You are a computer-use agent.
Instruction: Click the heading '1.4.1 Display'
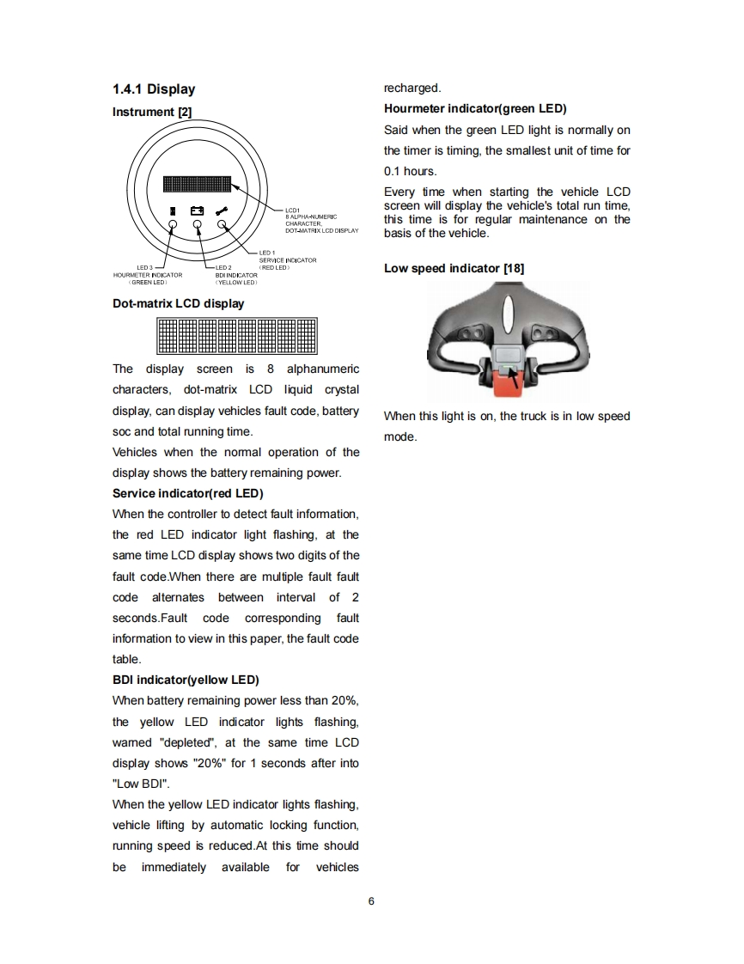pyautogui.click(x=154, y=89)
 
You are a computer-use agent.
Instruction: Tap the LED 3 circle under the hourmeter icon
pyautogui.click(x=173, y=225)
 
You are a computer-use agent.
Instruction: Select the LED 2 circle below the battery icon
pyautogui.click(x=198, y=225)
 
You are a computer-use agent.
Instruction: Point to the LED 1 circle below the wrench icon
pyautogui.click(x=223, y=225)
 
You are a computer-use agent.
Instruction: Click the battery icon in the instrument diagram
pyautogui.click(x=198, y=210)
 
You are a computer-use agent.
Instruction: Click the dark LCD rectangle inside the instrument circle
pyautogui.click(x=197, y=184)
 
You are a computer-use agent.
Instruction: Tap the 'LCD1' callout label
pyautogui.click(x=291, y=210)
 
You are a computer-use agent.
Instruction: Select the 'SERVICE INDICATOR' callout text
pyautogui.click(x=288, y=260)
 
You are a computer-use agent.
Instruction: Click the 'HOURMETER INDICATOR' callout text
pyautogui.click(x=148, y=275)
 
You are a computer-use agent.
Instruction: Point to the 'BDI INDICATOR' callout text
pyautogui.click(x=236, y=275)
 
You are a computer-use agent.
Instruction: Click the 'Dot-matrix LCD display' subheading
pyautogui.click(x=178, y=303)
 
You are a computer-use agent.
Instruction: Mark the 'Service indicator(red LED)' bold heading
pyautogui.click(x=187, y=493)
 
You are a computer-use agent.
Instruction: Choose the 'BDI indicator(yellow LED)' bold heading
pyautogui.click(x=186, y=680)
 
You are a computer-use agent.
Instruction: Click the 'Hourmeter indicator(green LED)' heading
pyautogui.click(x=475, y=108)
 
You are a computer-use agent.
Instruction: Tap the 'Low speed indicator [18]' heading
pyautogui.click(x=454, y=268)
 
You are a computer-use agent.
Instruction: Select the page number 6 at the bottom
pyautogui.click(x=371, y=901)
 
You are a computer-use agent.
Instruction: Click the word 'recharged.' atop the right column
pyautogui.click(x=412, y=88)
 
